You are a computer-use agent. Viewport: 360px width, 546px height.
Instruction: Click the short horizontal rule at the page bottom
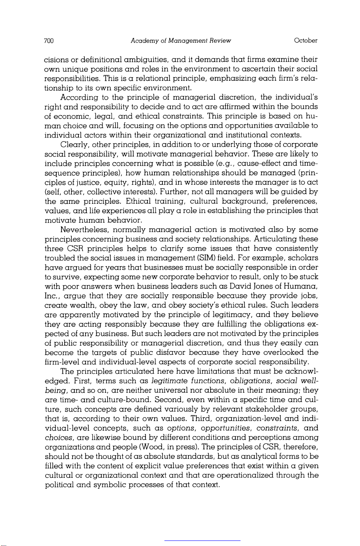pyautogui.click(x=202, y=540)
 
